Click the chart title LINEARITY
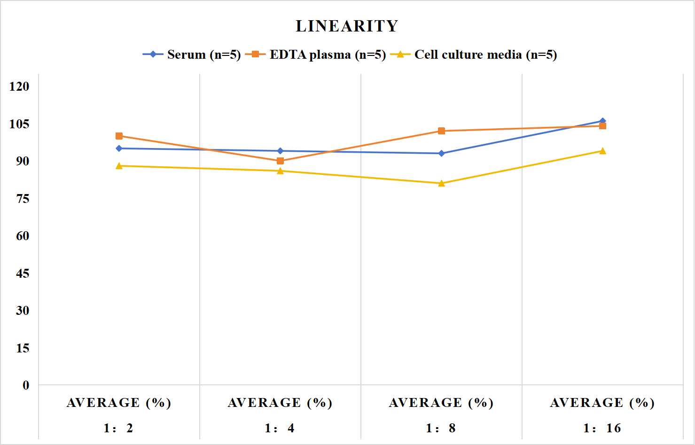point(347,26)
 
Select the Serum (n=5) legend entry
point(191,55)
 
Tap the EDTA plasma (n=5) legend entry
point(315,55)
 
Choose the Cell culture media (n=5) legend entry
point(474,55)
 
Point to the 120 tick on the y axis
point(19,86)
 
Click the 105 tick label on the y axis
point(19,124)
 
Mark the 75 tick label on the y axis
point(23,199)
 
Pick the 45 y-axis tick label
point(23,273)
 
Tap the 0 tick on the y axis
point(26,385)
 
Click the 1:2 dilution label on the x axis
point(118,428)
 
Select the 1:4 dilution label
point(280,428)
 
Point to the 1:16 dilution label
point(602,428)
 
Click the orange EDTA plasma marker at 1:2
point(119,136)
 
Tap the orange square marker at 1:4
point(280,161)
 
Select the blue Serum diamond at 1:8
point(442,153)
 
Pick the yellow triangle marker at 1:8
point(442,183)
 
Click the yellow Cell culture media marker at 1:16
point(602,151)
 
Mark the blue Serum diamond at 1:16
point(602,121)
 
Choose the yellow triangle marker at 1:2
point(119,166)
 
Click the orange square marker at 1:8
point(442,131)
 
